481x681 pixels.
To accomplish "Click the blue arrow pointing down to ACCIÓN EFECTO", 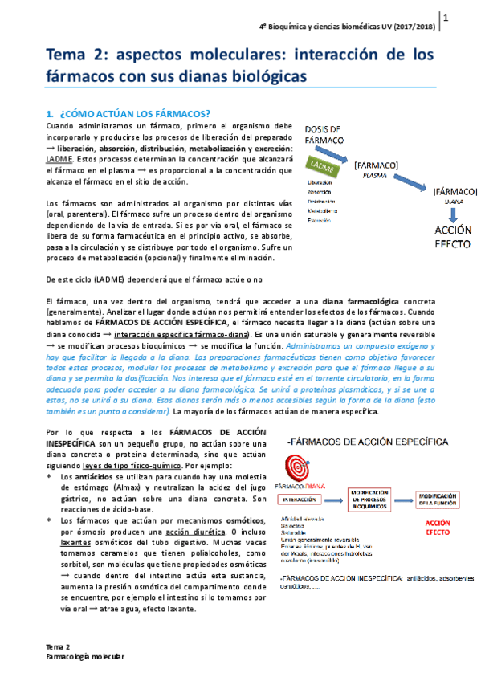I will (453, 214).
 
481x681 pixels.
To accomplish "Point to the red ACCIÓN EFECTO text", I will (437, 526).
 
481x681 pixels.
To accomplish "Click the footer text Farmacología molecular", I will (84, 656).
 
